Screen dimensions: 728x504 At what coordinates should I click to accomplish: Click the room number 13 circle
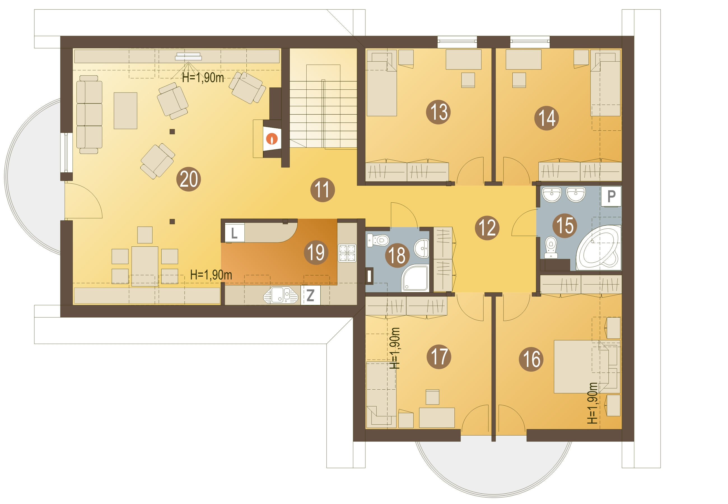438,112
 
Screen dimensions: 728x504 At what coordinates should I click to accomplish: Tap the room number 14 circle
546,118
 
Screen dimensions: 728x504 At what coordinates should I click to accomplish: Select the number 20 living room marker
189,179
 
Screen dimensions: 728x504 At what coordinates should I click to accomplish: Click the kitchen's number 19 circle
316,252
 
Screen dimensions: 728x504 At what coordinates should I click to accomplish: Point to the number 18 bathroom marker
397,255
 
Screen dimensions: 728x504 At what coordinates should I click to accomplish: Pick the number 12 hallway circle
487,228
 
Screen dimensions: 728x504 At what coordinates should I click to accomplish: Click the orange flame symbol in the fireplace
272,139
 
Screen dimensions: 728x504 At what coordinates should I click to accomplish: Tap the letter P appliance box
611,196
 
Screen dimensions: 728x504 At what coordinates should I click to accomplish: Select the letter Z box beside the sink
310,295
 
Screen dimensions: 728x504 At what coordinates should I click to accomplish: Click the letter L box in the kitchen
234,233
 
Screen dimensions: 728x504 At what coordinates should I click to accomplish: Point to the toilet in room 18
378,240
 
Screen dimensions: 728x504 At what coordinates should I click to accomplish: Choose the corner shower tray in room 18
415,278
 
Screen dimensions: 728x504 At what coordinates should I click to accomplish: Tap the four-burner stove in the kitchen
347,253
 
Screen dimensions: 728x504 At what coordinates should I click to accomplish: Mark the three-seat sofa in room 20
89,114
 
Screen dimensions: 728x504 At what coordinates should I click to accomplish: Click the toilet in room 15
551,247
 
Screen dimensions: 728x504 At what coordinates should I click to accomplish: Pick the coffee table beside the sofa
125,110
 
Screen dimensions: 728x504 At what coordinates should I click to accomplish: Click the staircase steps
323,114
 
